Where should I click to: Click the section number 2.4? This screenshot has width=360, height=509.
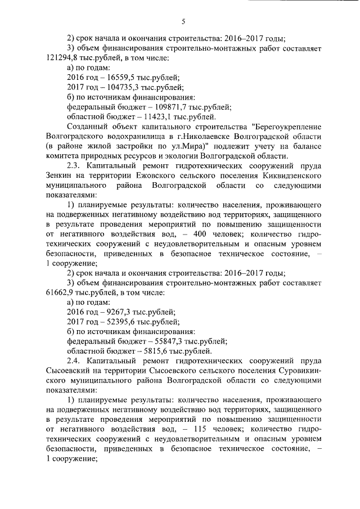[x=74, y=362]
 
